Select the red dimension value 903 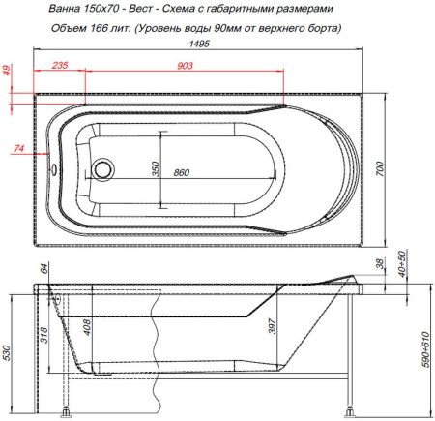pyautogui.click(x=186, y=67)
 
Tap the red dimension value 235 pyautogui.click(x=58, y=67)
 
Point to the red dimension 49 pyautogui.click(x=8, y=73)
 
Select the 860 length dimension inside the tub pyautogui.click(x=180, y=172)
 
